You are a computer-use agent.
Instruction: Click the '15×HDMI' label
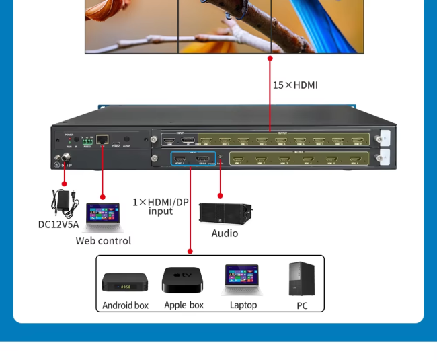coord(294,85)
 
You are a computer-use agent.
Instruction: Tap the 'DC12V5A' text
coord(58,224)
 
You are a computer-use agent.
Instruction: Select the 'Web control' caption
coord(103,240)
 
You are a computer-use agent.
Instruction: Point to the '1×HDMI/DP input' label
coord(161,206)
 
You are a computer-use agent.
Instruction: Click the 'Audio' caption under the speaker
coord(225,233)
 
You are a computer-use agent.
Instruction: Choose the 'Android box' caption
coord(125,305)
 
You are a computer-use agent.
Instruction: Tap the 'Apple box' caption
coord(184,305)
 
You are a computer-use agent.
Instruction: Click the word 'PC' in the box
coord(302,305)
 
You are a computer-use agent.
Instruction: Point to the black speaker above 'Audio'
coord(225,212)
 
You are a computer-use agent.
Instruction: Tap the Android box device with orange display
coord(124,282)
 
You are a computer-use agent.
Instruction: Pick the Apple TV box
coord(182,279)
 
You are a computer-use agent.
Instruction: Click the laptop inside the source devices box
coord(243,280)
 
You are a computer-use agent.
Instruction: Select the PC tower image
coord(301,279)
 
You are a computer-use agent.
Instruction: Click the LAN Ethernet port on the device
coord(103,139)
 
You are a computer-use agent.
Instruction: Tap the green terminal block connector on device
coord(87,141)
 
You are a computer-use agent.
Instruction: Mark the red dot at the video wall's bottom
coord(270,59)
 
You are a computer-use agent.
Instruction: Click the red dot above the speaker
coord(220,196)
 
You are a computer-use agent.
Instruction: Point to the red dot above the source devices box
coord(190,251)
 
